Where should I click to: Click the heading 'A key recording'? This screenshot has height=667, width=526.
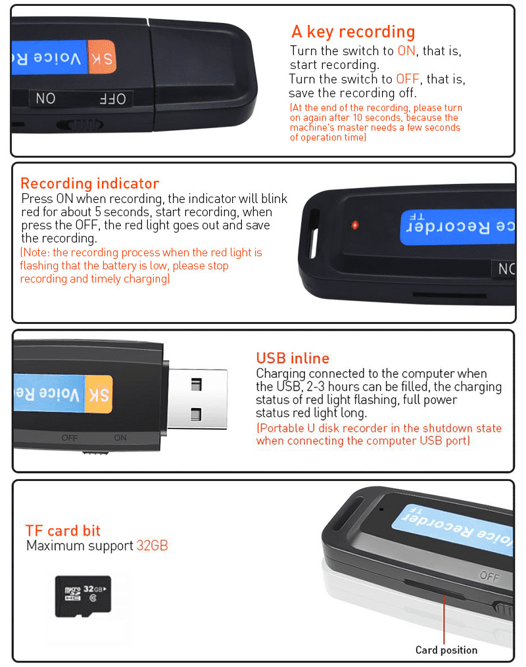click(353, 32)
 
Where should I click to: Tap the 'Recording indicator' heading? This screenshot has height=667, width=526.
click(90, 183)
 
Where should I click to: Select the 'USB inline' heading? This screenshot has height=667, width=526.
click(293, 358)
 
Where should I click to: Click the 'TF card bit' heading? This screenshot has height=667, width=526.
click(63, 530)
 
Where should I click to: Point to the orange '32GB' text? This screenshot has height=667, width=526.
click(153, 545)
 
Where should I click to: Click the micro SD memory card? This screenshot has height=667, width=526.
click(84, 597)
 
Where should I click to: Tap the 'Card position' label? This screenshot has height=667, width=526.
click(446, 650)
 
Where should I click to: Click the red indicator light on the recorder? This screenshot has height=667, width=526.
click(354, 225)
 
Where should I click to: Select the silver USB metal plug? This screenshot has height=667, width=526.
click(197, 399)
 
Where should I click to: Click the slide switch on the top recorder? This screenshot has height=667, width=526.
click(81, 125)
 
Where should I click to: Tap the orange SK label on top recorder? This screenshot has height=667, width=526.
click(102, 57)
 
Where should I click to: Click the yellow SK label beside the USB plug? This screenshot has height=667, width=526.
click(99, 394)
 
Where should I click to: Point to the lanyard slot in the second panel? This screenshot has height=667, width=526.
click(314, 233)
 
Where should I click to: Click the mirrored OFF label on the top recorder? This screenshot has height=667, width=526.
click(113, 99)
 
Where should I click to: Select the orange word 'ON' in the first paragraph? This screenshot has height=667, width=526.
click(406, 51)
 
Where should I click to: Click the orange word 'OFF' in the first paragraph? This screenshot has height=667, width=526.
click(408, 79)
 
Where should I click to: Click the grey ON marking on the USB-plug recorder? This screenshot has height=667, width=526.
click(120, 438)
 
